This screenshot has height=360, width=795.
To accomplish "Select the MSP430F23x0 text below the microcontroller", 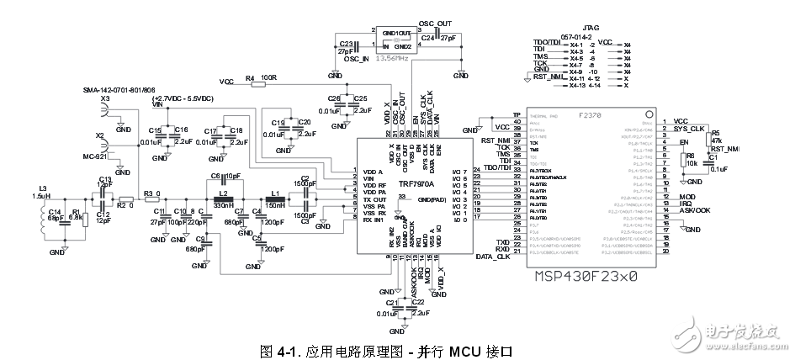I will [x=586, y=276].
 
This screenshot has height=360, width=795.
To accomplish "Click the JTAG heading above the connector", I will [x=578, y=27].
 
